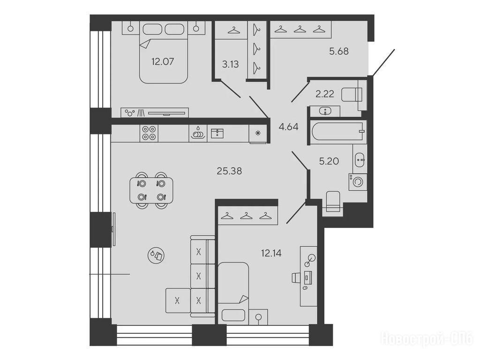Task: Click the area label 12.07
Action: (x=163, y=61)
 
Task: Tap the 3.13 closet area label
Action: (x=230, y=64)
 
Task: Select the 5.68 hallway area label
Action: (x=339, y=51)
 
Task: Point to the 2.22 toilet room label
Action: (x=325, y=94)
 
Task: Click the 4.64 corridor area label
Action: (x=288, y=127)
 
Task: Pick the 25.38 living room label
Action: (x=229, y=171)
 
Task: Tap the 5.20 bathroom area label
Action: (x=329, y=161)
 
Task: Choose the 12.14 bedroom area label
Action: (x=271, y=253)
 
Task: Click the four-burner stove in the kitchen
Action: (x=149, y=133)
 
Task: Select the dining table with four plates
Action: (x=151, y=190)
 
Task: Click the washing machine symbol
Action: (x=357, y=182)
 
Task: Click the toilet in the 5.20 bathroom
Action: (x=333, y=202)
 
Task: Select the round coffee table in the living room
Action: (x=156, y=255)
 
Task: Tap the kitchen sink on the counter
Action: (x=217, y=134)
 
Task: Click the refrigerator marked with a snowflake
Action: (x=258, y=133)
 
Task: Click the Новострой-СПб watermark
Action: (x=427, y=339)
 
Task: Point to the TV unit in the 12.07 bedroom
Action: (x=155, y=112)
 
